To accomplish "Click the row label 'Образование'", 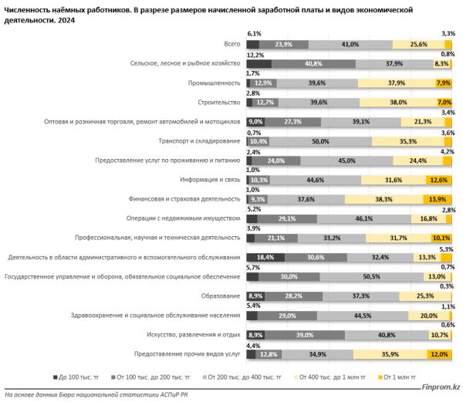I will [221, 296].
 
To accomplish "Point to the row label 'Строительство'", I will [218, 102].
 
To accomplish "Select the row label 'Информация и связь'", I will [211, 180].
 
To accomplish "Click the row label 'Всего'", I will [231, 45].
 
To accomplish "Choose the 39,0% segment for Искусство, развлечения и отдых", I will [305, 334].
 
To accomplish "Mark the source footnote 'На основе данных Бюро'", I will [46, 394].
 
